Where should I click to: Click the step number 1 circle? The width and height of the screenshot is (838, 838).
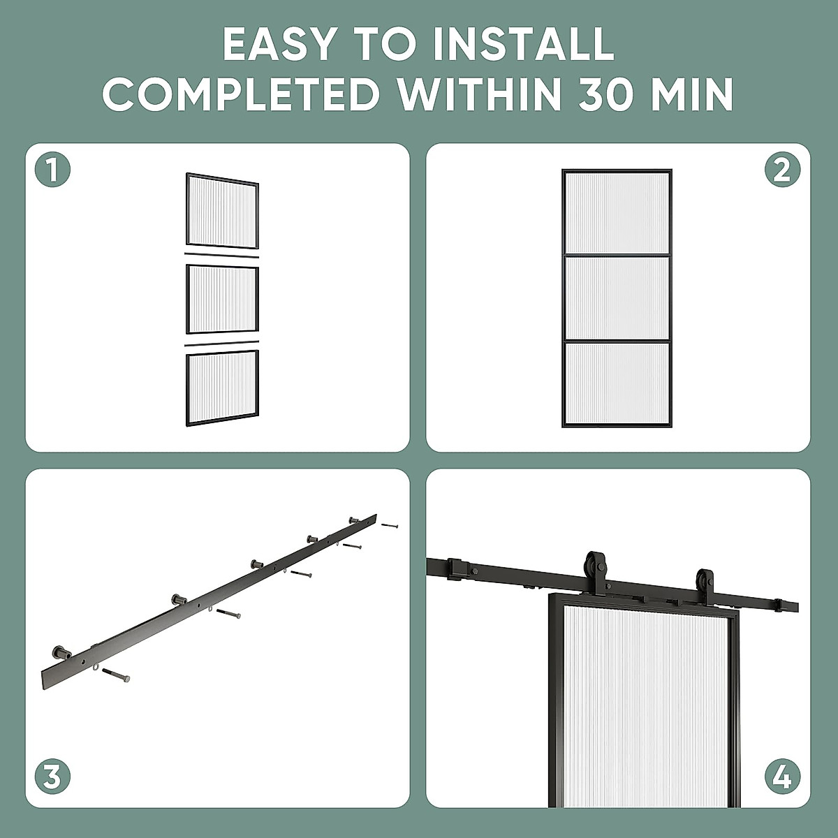(52, 170)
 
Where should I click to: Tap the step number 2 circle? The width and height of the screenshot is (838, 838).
(782, 170)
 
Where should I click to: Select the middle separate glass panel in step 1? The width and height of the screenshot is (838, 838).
(222, 299)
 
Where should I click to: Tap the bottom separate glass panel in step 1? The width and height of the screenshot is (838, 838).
(222, 388)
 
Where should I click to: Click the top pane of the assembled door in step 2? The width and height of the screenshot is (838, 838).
(616, 213)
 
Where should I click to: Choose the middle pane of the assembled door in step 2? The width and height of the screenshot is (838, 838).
(616, 298)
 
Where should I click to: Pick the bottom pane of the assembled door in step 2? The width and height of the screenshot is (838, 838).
(616, 383)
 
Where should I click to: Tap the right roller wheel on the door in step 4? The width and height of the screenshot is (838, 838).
(705, 581)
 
